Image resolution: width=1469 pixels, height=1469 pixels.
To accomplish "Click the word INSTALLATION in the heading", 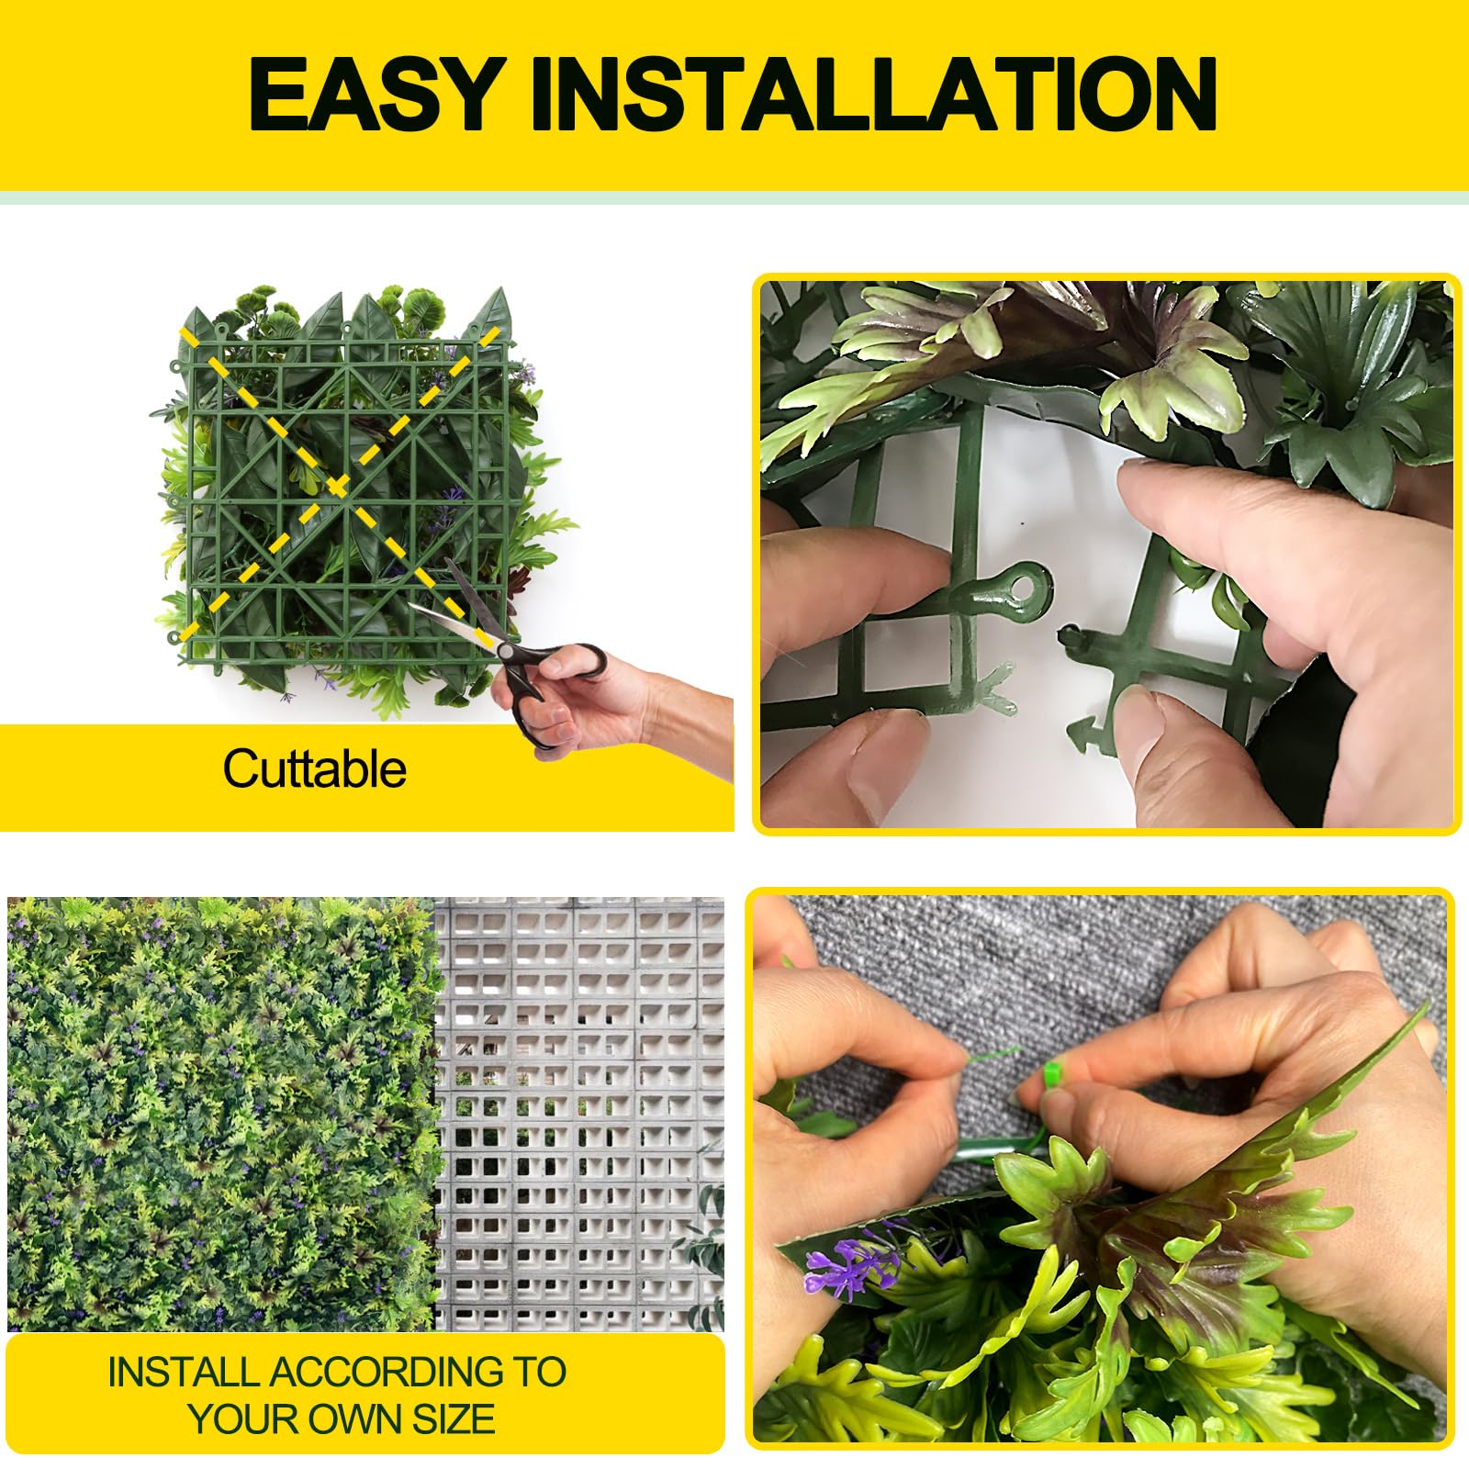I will [x=873, y=94].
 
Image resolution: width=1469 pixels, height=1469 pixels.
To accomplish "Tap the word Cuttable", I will [x=314, y=768].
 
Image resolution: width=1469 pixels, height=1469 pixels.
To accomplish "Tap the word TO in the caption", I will [x=539, y=1372].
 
